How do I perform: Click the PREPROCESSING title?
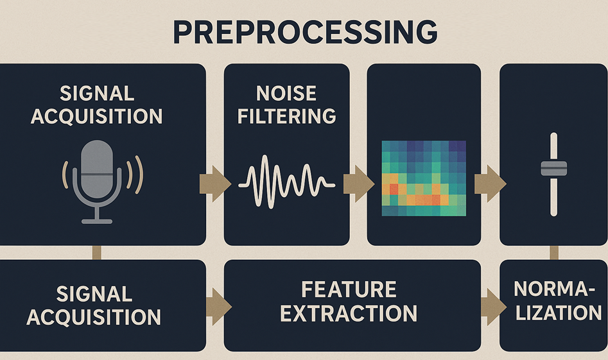pos(305,32)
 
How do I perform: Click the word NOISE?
pos(286,94)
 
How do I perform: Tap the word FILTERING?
pos(286,116)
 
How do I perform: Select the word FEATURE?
pos(349,289)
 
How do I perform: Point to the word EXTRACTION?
pos(349,313)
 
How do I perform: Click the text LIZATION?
pos(559,313)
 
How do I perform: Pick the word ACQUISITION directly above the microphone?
pos(96,116)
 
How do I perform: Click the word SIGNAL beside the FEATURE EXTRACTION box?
pos(94,294)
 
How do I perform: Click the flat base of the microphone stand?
pos(97,221)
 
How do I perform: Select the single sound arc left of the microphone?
pos(65,175)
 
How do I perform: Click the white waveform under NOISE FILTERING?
pos(286,182)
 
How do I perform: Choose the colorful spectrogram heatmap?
pos(424,178)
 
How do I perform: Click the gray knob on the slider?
pos(553,169)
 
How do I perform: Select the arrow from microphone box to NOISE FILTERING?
pos(216,184)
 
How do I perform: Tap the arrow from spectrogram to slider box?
pos(490,184)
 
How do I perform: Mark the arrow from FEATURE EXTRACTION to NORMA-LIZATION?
pos(494,307)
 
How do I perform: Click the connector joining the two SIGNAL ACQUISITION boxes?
pos(96,253)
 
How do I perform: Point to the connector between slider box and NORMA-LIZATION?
pos(554,253)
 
